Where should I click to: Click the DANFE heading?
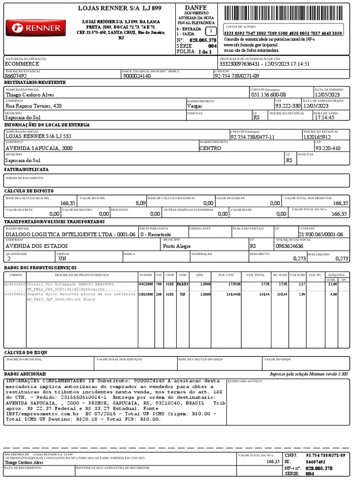(x=195, y=8)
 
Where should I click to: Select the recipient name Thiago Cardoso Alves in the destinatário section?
(x=30, y=94)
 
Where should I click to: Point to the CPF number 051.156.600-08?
(x=269, y=94)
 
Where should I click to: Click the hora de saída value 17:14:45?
(x=325, y=118)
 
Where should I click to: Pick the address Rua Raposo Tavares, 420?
(x=33, y=106)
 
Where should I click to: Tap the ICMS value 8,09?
(x=140, y=203)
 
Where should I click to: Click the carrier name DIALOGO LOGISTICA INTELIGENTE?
(x=70, y=234)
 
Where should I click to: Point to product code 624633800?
(x=15, y=284)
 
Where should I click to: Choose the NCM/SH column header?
(x=146, y=275)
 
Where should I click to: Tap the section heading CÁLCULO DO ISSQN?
(x=26, y=352)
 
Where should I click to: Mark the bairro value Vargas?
(x=195, y=106)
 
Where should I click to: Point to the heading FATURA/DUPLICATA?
(x=26, y=169)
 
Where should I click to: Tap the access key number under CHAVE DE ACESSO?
(x=283, y=34)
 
